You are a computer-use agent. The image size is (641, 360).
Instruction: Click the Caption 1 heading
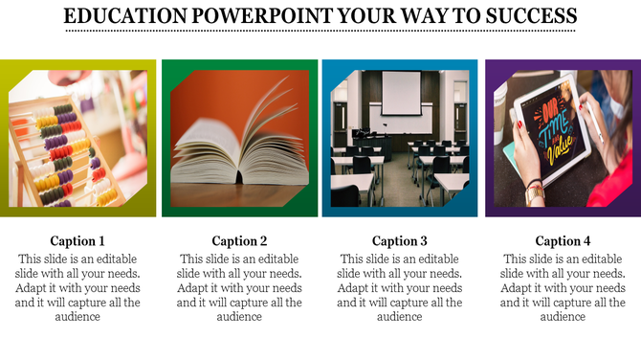77,241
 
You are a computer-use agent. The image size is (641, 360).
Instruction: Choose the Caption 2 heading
239,241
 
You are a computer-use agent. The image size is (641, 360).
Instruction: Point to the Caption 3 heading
400,241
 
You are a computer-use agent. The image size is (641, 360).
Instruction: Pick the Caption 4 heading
563,241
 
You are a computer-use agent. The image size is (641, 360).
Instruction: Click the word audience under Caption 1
77,317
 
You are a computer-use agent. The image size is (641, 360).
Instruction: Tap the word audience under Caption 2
239,317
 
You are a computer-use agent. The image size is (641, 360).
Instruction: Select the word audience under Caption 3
400,317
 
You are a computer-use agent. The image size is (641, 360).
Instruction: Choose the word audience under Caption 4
563,317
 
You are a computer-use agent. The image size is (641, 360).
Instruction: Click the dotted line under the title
320,32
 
